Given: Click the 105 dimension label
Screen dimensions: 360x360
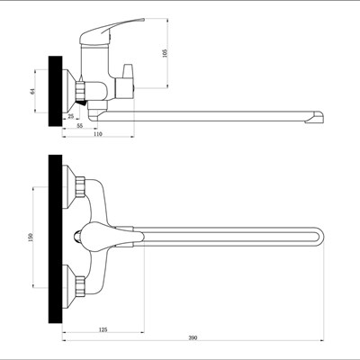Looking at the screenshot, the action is tap(165, 52).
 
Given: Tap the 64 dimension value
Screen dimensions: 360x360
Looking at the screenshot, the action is tap(33, 91).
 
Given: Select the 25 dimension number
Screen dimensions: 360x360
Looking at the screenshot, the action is tap(71, 116).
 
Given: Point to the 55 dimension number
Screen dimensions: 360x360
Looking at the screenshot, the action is tap(79, 126).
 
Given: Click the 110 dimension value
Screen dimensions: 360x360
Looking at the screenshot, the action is tap(98, 134).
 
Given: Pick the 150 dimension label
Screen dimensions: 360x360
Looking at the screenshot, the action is tap(31, 237).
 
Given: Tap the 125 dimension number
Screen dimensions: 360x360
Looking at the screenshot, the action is tap(103, 329).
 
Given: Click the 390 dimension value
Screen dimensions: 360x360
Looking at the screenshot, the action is tap(193, 337).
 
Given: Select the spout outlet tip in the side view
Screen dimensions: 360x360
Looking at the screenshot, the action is tap(315, 117).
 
